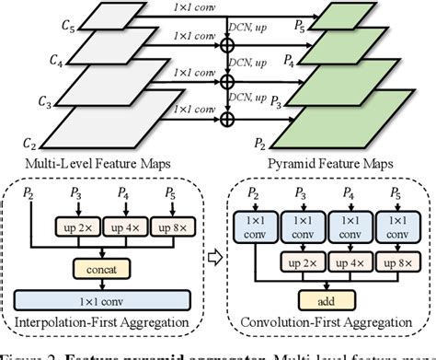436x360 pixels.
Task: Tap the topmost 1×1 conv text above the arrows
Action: click(200, 7)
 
